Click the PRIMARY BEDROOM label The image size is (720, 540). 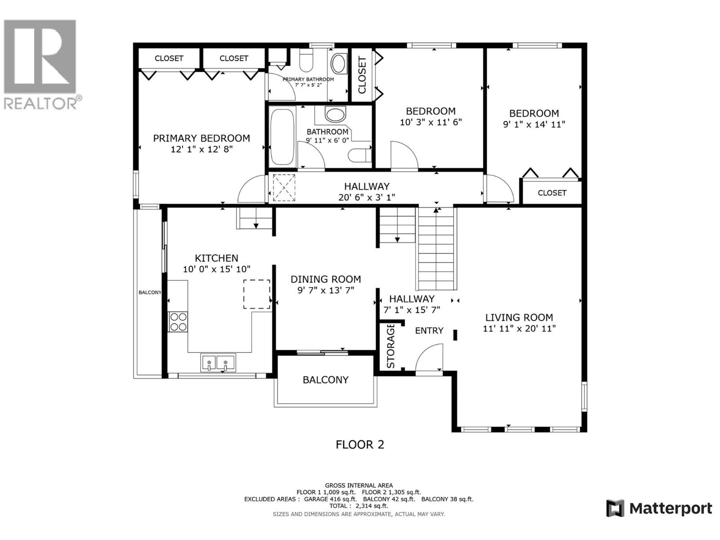pyautogui.click(x=202, y=138)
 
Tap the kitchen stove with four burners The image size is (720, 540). pyautogui.click(x=178, y=322)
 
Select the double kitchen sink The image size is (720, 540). pyautogui.click(x=218, y=363)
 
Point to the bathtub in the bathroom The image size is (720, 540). pyautogui.click(x=282, y=137)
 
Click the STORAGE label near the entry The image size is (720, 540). pyautogui.click(x=391, y=346)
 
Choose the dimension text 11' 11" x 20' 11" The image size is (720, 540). pyautogui.click(x=519, y=328)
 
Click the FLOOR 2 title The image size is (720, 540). pyautogui.click(x=360, y=445)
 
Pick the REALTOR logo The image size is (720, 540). pyautogui.click(x=41, y=64)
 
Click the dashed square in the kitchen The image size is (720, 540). pyautogui.click(x=256, y=294)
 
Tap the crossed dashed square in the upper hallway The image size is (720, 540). pyautogui.click(x=284, y=188)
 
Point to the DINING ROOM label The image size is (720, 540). pyautogui.click(x=326, y=279)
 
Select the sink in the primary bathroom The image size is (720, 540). pyautogui.click(x=339, y=63)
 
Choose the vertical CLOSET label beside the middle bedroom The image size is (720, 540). pyautogui.click(x=362, y=75)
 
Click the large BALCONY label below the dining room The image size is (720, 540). pyautogui.click(x=325, y=380)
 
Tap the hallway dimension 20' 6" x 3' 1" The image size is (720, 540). pyautogui.click(x=367, y=197)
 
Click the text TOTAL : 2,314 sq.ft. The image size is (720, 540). pyautogui.click(x=359, y=505)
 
